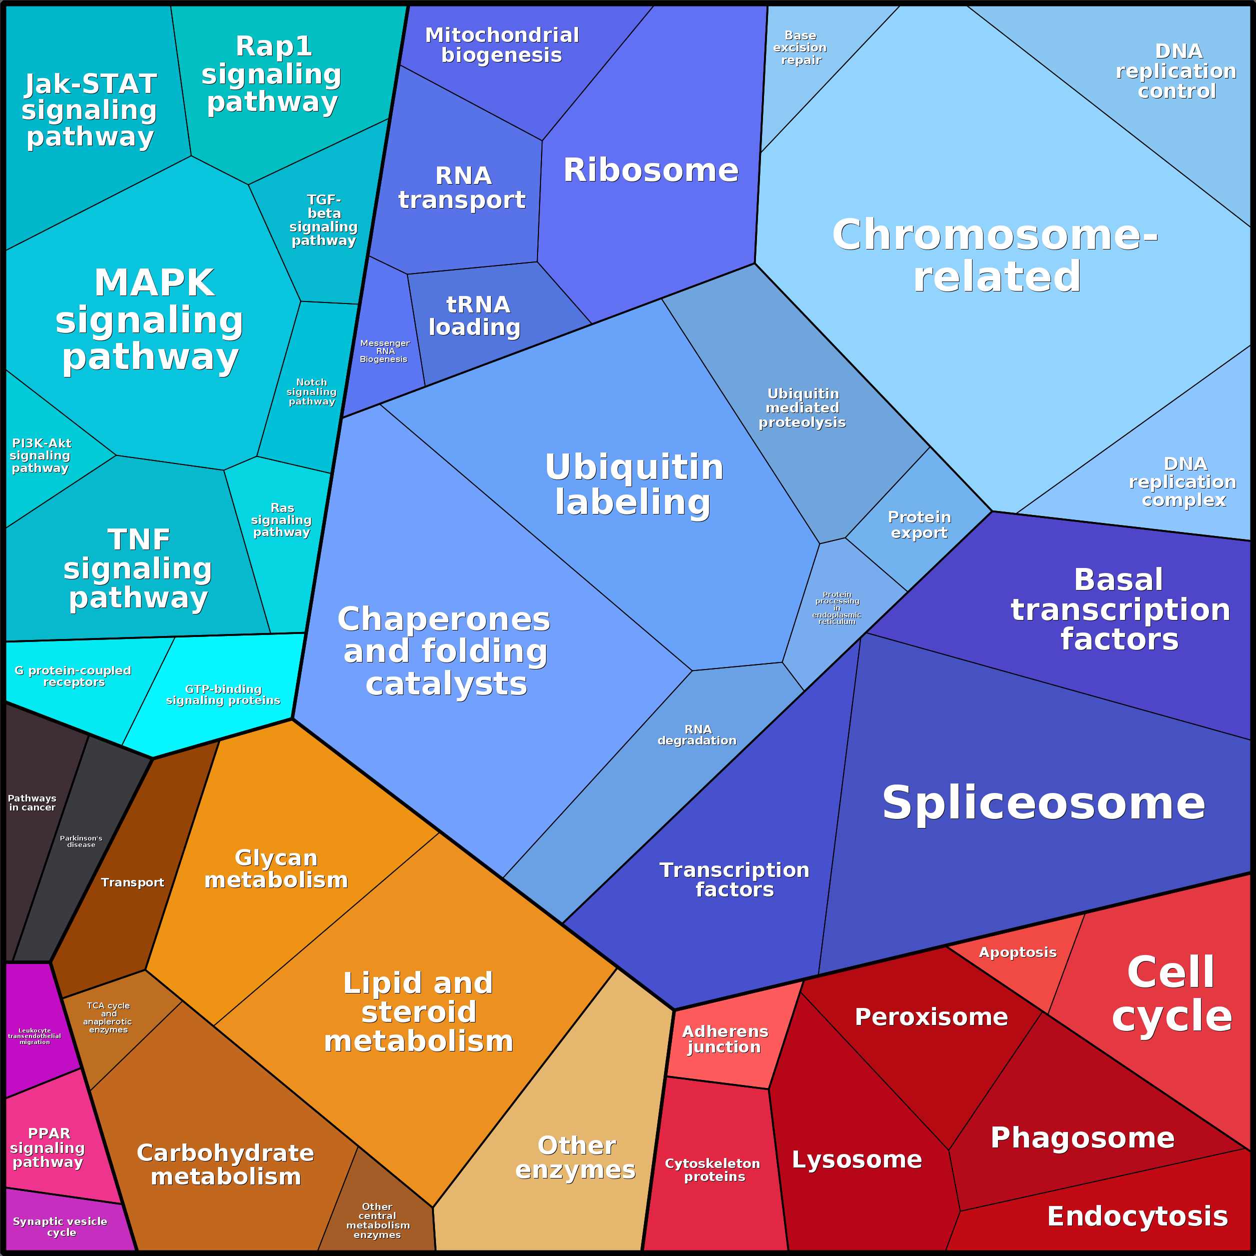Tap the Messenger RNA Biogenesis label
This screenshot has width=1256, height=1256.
(384, 351)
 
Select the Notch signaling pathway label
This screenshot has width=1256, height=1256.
(311, 392)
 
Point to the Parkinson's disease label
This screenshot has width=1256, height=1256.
(81, 841)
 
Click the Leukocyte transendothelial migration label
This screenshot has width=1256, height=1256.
(34, 1036)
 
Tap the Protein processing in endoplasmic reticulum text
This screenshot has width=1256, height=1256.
(836, 608)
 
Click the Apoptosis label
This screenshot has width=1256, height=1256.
(1017, 952)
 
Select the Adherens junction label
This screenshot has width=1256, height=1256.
(724, 1039)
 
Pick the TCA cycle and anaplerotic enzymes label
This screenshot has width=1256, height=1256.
(108, 1017)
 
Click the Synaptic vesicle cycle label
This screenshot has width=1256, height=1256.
(60, 1226)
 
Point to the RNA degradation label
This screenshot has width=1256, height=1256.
(697, 734)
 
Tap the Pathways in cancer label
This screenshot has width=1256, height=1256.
(32, 803)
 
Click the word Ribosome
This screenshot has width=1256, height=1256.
(651, 170)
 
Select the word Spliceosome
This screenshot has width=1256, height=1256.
(1043, 803)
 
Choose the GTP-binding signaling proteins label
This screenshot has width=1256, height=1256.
(223, 694)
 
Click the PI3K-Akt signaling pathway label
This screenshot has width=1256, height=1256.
(40, 455)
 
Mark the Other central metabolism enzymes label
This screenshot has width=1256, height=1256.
(377, 1220)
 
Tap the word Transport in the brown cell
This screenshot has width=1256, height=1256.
(132, 882)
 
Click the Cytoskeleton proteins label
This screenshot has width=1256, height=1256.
(712, 1169)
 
